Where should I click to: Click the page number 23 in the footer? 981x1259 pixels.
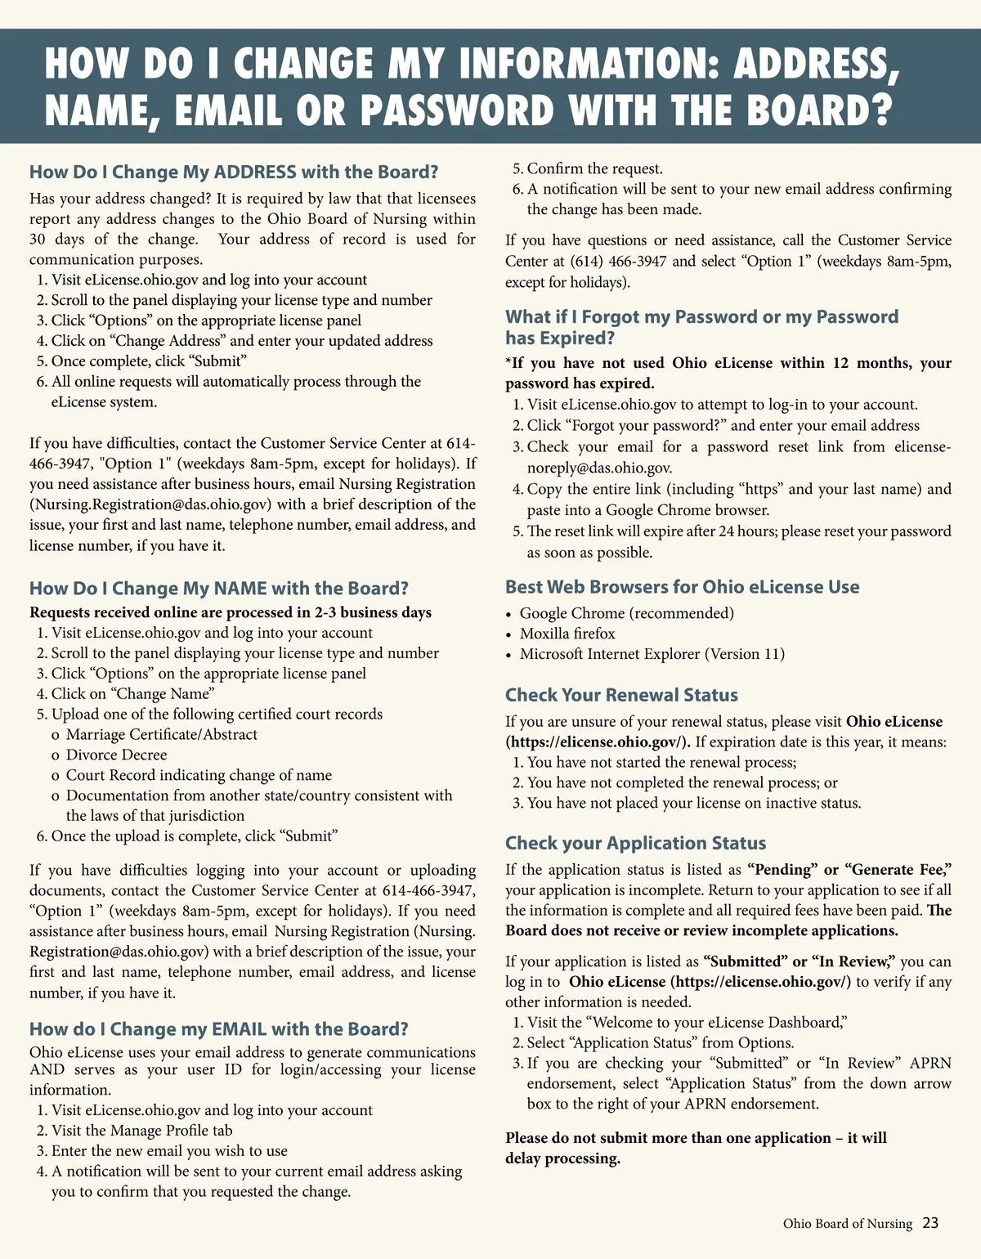coord(930,1223)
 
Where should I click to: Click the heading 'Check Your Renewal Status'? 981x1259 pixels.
coord(621,695)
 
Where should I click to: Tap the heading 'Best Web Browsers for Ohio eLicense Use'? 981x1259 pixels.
coord(682,587)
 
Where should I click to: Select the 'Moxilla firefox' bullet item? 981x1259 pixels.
coord(567,634)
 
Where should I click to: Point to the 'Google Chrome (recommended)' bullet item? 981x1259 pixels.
coord(627,613)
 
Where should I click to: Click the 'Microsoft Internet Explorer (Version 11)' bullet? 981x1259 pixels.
coord(652,654)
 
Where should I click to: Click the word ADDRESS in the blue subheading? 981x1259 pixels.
coord(255,172)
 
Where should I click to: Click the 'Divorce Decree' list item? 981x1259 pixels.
coord(116,755)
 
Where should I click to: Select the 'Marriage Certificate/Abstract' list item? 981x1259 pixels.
coord(161,734)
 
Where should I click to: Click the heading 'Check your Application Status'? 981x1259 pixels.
coord(635,843)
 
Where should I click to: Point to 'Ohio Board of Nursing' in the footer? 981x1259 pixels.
coord(847,1224)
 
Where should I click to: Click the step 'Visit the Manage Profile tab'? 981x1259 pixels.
coord(141,1131)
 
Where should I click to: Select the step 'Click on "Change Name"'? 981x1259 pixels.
coord(132,693)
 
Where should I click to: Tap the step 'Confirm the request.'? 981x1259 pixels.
coord(594,168)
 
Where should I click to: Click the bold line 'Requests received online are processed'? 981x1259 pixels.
coord(230,612)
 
